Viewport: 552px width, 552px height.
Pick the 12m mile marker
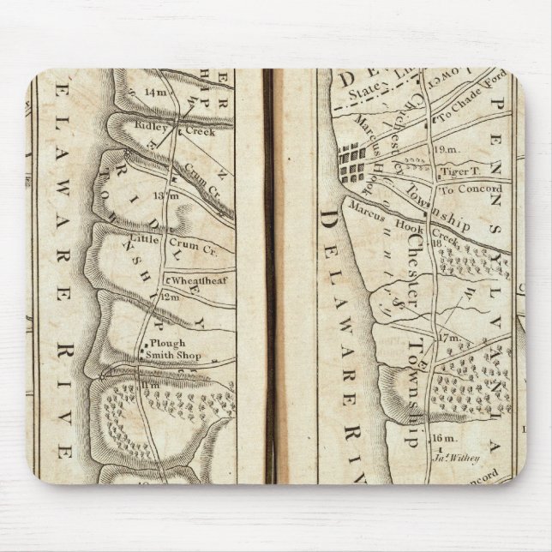pos(171,297)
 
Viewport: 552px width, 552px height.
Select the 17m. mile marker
pos(450,339)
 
